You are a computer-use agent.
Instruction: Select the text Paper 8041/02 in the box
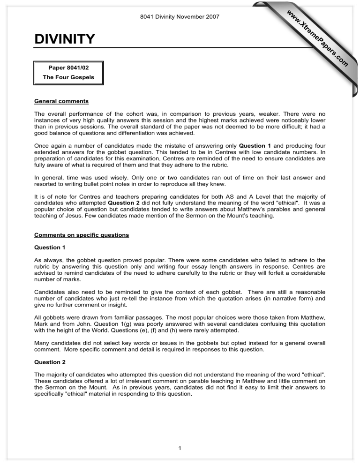coord(68,68)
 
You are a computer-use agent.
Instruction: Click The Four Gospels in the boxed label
coord(68,77)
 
